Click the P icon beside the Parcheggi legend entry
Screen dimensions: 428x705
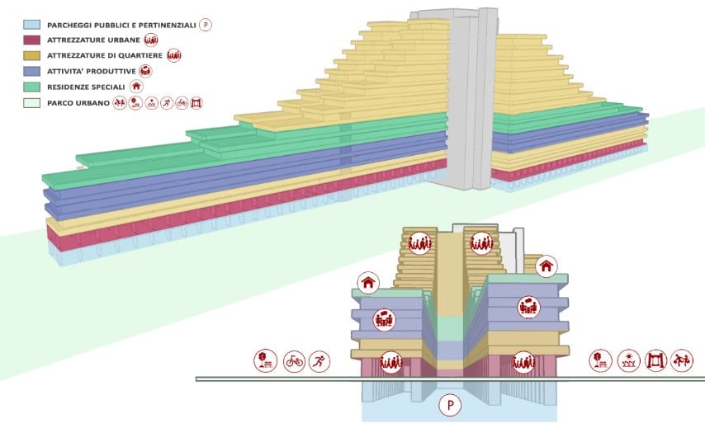coord(206,25)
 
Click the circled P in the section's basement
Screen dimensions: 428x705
coord(451,405)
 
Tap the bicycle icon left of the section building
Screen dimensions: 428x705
coord(293,361)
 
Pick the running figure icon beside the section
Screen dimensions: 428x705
coord(319,361)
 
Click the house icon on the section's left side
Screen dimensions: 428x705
coord(368,283)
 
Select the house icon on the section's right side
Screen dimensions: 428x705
coord(546,266)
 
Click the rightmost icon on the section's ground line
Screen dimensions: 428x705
coord(681,360)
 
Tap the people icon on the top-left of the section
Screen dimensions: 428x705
coord(420,243)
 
